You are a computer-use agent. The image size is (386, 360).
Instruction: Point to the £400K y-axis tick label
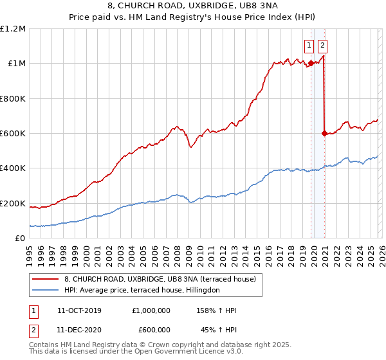point(13,168)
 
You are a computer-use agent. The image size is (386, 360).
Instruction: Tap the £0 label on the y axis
point(20,239)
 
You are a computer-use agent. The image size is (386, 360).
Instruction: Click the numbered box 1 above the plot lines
point(309,45)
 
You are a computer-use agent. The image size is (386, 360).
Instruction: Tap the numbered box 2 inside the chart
point(322,45)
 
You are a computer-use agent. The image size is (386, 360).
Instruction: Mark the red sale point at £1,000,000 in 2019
point(311,63)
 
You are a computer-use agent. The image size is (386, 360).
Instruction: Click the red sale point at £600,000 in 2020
point(324,133)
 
